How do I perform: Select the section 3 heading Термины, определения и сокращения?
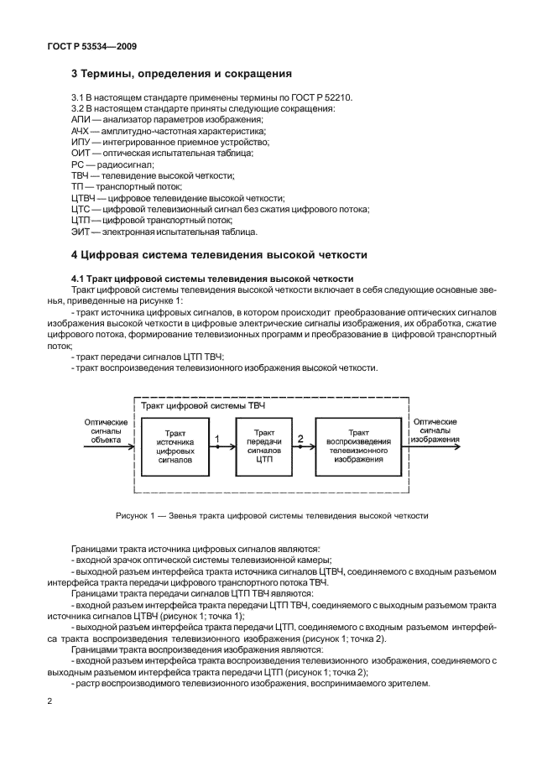tap(181, 73)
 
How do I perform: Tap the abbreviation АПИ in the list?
tap(81, 121)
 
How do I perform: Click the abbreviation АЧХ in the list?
tap(81, 132)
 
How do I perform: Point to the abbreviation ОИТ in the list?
tap(81, 154)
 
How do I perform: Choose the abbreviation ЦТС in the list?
tap(82, 209)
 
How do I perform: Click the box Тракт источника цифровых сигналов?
tap(174, 447)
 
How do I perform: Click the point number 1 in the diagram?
tap(216, 439)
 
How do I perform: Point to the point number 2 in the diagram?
tap(300, 439)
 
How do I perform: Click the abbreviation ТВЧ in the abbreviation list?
tap(81, 175)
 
